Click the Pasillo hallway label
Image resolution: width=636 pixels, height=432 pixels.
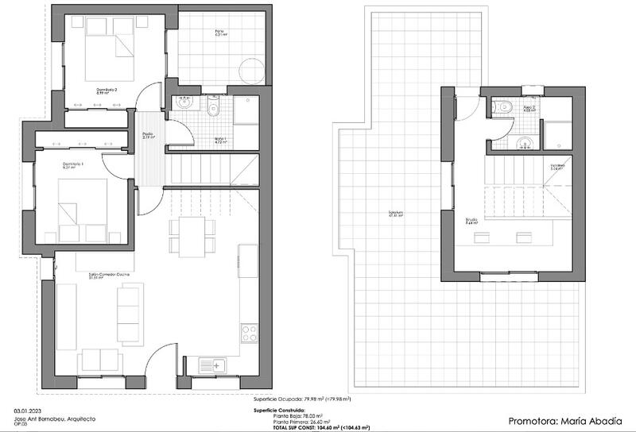click(148, 135)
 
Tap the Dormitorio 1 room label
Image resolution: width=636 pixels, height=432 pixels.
click(73, 165)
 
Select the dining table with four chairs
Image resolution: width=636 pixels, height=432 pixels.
click(192, 237)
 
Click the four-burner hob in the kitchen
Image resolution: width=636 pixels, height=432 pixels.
click(249, 333)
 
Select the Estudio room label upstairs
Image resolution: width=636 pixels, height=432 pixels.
click(471, 222)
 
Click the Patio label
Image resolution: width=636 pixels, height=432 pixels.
click(219, 32)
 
